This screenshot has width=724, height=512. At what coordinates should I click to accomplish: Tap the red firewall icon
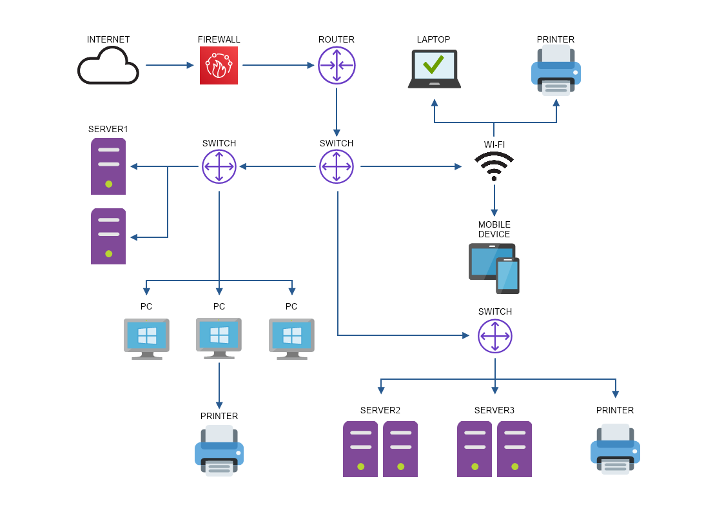click(x=219, y=65)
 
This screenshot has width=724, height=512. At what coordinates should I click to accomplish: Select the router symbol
click(x=337, y=65)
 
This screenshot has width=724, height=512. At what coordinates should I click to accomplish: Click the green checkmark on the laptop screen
click(x=433, y=64)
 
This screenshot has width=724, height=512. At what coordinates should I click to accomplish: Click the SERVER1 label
click(x=108, y=129)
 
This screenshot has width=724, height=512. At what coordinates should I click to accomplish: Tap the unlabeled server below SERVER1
click(x=108, y=236)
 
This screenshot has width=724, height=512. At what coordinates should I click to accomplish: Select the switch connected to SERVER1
click(x=219, y=166)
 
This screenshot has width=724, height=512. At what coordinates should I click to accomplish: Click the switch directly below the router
click(x=337, y=166)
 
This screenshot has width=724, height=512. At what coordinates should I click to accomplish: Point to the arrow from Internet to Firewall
click(x=170, y=65)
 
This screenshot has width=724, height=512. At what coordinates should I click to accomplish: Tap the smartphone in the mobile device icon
click(x=507, y=275)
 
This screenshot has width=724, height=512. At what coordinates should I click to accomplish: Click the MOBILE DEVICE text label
click(x=494, y=230)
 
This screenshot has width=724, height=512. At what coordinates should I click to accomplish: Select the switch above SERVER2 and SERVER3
click(x=494, y=335)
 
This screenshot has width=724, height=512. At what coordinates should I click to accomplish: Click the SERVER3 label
click(x=494, y=410)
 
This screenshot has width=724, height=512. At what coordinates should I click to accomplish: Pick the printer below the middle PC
click(x=219, y=450)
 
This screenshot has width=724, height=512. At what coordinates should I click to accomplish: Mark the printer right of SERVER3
click(x=615, y=449)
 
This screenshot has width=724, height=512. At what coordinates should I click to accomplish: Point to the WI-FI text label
click(x=494, y=144)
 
